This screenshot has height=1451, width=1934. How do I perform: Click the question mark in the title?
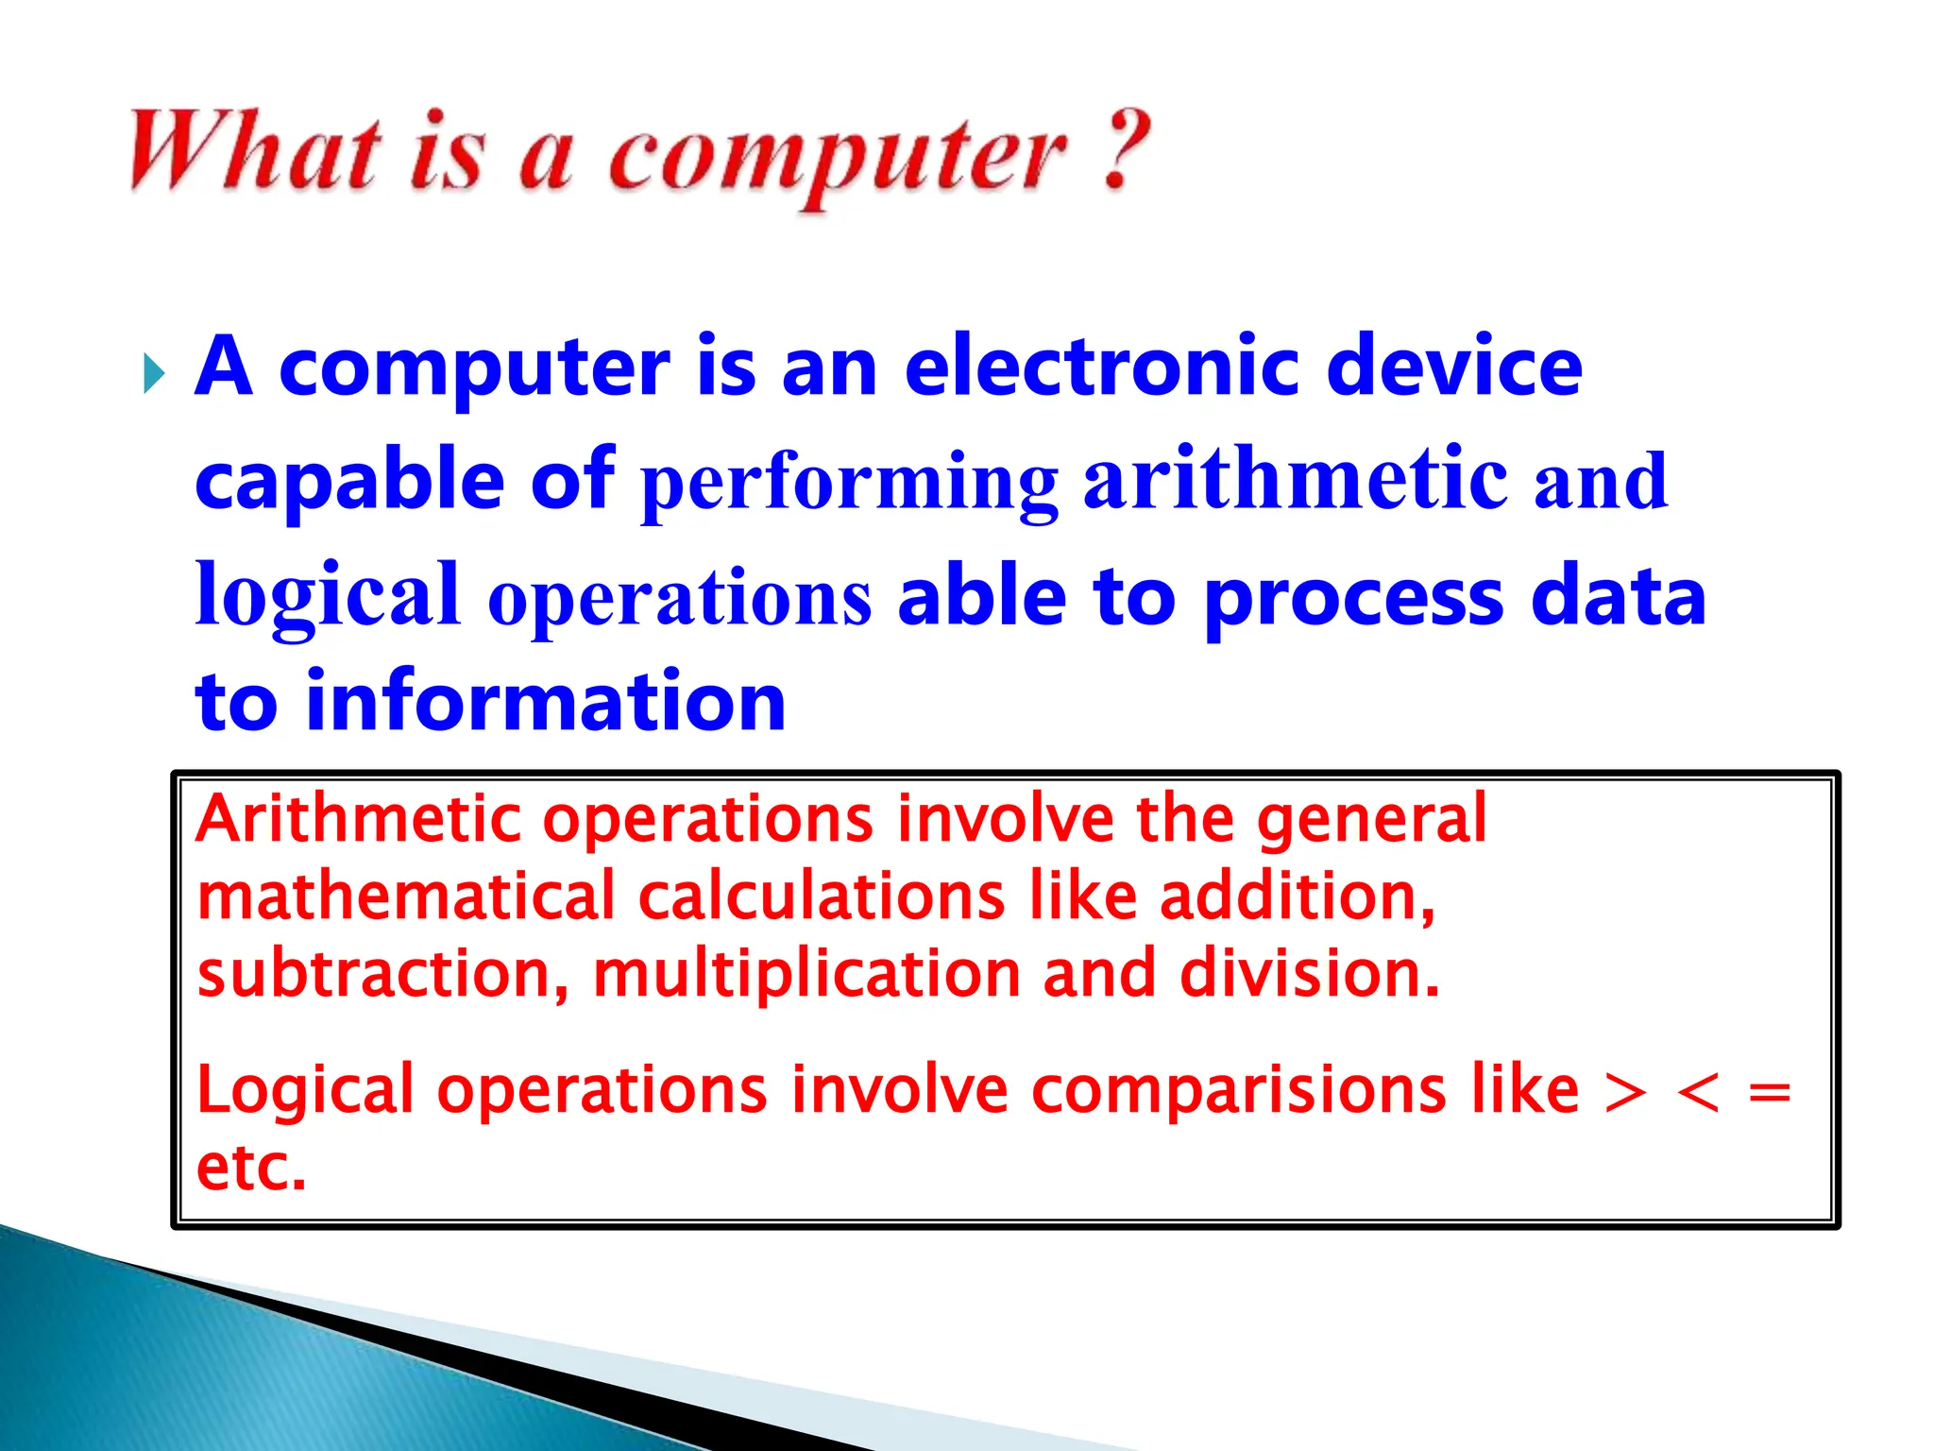(x=1126, y=151)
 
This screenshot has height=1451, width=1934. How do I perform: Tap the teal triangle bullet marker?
(x=154, y=374)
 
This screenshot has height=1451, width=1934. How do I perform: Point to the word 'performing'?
(x=849, y=484)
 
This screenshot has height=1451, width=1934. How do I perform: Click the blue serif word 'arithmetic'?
(x=1295, y=480)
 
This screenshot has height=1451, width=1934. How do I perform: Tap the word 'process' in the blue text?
(x=1353, y=599)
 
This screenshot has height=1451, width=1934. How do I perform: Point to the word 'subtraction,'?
(x=382, y=974)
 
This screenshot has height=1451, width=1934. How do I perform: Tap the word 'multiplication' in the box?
(x=806, y=974)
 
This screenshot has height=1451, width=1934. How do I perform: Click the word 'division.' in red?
(x=1310, y=974)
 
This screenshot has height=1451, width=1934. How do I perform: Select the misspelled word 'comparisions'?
(x=1238, y=1090)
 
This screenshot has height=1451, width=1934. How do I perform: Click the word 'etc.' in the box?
(x=251, y=1168)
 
